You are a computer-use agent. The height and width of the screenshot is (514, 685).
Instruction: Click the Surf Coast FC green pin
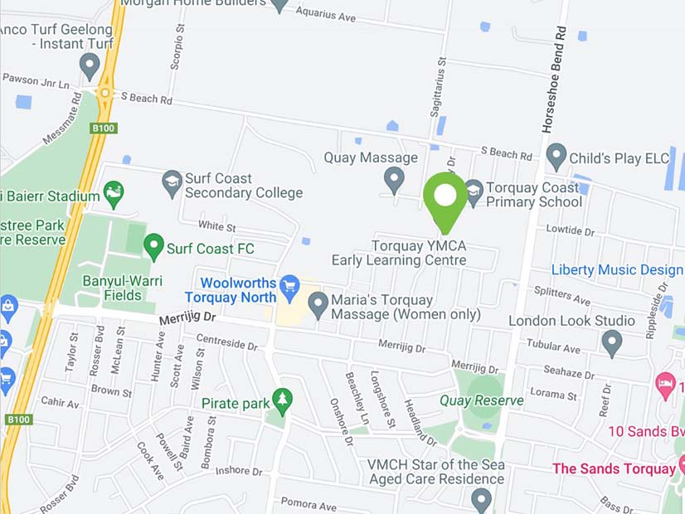[x=153, y=246]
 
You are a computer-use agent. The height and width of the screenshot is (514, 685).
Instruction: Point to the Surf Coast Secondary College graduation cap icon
[x=172, y=183]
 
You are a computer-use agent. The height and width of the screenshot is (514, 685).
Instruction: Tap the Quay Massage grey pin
[x=394, y=178]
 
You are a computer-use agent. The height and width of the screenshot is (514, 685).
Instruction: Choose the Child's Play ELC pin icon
[x=556, y=157]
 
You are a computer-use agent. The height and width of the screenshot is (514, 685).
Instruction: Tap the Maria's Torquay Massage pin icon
[x=318, y=304]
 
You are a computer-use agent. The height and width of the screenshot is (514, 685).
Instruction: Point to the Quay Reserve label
[x=482, y=400]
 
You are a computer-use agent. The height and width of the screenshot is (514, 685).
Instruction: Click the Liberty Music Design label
[x=617, y=270]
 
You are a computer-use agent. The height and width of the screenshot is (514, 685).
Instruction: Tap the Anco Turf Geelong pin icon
[x=90, y=65]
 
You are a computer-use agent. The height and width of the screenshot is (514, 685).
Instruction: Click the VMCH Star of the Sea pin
[x=482, y=499]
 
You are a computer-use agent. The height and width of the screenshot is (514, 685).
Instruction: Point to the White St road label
[x=217, y=226]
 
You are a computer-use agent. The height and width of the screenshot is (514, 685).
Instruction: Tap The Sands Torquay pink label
[x=614, y=468]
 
